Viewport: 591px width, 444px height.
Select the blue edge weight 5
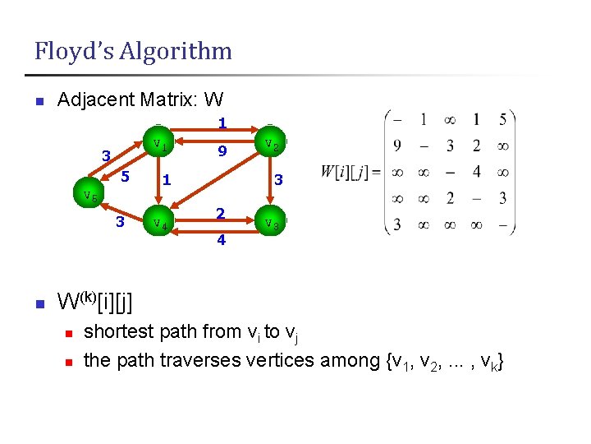pyautogui.click(x=125, y=176)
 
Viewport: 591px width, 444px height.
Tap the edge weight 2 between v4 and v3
pyautogui.click(x=220, y=213)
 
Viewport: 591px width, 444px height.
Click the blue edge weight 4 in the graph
pyautogui.click(x=221, y=241)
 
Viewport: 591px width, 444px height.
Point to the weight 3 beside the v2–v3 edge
pyautogui.click(x=278, y=179)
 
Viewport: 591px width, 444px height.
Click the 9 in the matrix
pyautogui.click(x=397, y=146)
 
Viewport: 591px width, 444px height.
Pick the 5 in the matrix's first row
pyautogui.click(x=502, y=120)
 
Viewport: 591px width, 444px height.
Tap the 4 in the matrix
pyautogui.click(x=476, y=173)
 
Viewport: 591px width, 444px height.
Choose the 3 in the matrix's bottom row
pyautogui.click(x=397, y=224)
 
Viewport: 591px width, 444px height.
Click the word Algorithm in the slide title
pyautogui.click(x=176, y=52)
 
